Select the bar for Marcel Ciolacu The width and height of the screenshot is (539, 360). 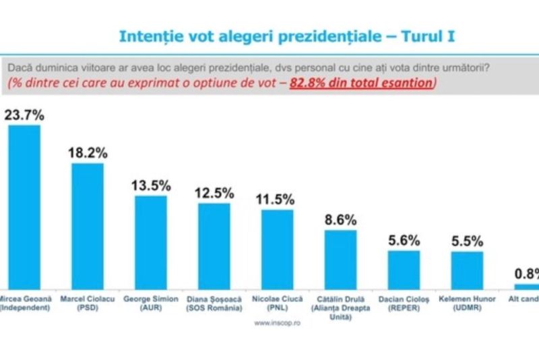88,225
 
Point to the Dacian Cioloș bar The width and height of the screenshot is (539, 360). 404,269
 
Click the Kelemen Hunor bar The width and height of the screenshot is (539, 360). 468,270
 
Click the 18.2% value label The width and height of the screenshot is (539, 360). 88,152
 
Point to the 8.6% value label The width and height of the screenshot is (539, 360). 341,220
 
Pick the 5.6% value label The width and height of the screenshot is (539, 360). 404,240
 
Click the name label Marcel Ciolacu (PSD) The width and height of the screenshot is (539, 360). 88,303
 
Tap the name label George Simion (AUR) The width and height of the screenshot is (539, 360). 151,303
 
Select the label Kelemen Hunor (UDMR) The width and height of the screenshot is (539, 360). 468,303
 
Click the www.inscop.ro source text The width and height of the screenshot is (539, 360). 277,322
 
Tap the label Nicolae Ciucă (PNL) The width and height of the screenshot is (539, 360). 278,303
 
